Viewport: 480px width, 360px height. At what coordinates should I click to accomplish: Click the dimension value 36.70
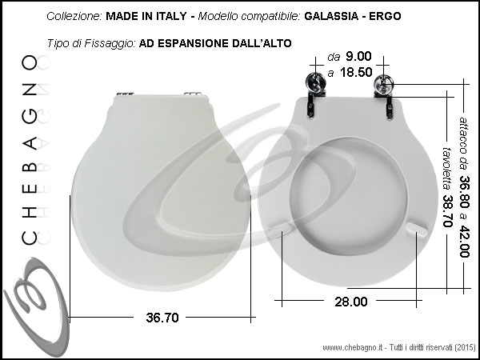point(162,318)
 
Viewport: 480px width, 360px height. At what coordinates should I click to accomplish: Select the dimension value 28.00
point(351,302)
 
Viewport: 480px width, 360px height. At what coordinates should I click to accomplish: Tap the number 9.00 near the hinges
point(358,56)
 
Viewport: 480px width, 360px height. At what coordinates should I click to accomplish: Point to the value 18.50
point(356,73)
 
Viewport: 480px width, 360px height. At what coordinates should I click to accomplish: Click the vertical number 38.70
point(447,211)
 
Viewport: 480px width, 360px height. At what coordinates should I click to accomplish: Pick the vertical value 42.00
point(464,242)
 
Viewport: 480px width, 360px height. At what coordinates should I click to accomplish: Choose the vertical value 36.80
point(464,191)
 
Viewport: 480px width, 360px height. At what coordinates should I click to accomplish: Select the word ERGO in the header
point(385,16)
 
